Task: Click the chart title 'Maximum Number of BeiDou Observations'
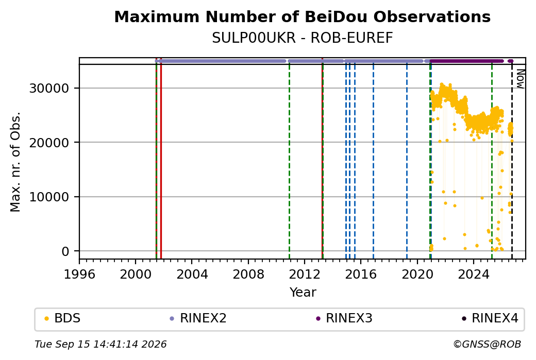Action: click(x=302, y=16)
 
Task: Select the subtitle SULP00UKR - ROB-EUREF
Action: click(x=302, y=38)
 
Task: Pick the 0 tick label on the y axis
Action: click(x=65, y=251)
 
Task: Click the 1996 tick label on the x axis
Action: click(x=79, y=275)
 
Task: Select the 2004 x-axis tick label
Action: click(x=192, y=275)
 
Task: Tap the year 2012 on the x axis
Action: click(x=304, y=275)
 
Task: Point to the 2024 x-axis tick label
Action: click(x=474, y=275)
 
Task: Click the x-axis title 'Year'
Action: click(x=303, y=293)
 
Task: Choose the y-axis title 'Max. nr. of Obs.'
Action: click(x=15, y=162)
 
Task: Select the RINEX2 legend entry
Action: click(x=198, y=318)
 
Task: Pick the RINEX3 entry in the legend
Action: click(x=344, y=318)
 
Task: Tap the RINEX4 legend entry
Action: click(x=490, y=318)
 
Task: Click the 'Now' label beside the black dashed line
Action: click(x=520, y=79)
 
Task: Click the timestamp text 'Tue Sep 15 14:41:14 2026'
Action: click(x=100, y=344)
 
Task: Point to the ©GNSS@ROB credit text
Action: click(x=487, y=344)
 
